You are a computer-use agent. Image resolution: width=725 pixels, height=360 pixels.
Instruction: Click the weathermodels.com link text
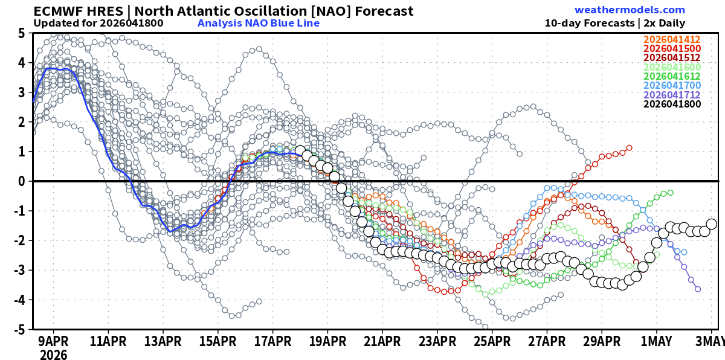630,10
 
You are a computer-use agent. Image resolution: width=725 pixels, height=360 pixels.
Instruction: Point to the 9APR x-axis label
53,341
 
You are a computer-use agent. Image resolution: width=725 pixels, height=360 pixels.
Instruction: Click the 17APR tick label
272,341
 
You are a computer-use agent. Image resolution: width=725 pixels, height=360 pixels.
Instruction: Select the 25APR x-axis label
492,341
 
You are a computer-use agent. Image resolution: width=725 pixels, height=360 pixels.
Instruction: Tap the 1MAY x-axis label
656,341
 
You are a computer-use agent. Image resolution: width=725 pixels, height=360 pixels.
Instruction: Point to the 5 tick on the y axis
21,33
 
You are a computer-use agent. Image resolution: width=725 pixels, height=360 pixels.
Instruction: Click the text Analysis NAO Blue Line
258,24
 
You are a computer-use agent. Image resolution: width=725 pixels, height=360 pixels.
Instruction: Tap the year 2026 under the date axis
53,355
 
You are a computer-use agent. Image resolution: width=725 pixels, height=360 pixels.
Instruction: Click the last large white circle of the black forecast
711,224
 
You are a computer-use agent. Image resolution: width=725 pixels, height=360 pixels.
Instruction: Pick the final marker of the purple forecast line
698,289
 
